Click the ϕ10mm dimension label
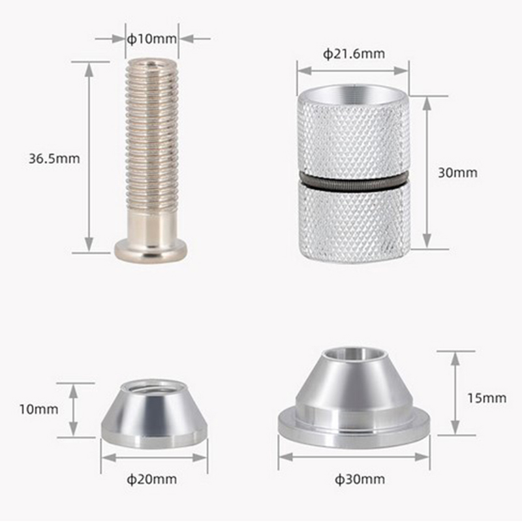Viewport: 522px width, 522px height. [152, 39]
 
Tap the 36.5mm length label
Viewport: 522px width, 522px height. [54, 159]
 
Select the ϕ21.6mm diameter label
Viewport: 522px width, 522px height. [354, 54]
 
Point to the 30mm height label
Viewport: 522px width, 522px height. [457, 172]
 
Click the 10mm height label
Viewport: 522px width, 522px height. [38, 409]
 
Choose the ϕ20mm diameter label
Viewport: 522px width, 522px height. [152, 480]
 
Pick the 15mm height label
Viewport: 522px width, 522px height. [487, 398]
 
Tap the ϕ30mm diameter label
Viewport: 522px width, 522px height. [360, 480]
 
